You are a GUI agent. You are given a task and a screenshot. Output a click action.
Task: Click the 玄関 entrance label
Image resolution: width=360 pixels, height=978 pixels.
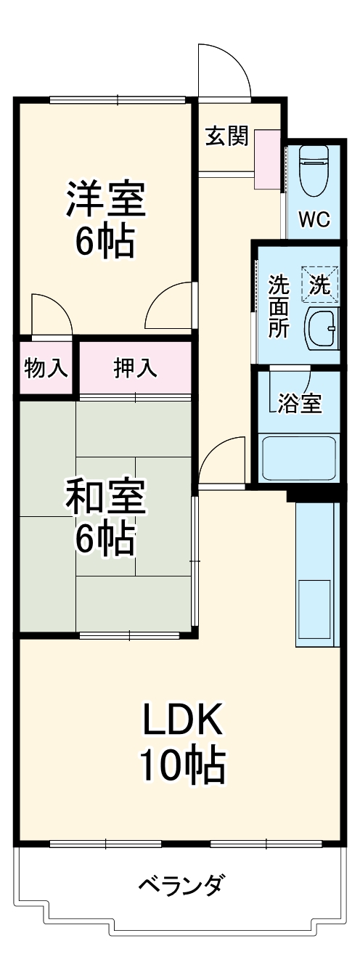click(226, 136)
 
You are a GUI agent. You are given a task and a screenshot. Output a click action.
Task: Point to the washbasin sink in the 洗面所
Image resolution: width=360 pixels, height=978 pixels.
click(321, 328)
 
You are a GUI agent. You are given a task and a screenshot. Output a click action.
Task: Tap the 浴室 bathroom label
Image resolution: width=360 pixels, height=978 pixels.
click(300, 404)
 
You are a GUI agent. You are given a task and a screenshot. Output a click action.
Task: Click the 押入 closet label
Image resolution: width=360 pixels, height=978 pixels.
click(135, 368)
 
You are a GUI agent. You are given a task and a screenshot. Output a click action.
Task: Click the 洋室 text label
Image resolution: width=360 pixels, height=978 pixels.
click(106, 199)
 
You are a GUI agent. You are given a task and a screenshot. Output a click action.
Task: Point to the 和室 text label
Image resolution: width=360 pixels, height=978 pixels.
click(106, 497)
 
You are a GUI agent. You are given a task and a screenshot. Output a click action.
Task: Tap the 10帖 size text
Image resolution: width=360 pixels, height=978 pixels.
click(181, 763)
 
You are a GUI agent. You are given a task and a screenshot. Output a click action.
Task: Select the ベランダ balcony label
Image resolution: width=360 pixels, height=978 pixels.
click(181, 885)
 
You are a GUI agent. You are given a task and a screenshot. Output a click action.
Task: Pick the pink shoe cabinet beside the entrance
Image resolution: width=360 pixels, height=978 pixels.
click(267, 160)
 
